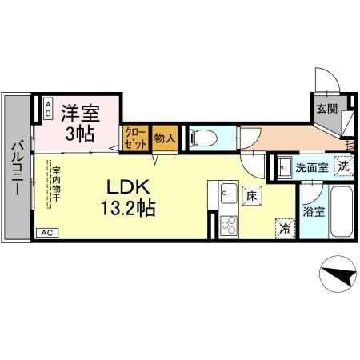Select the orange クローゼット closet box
pyautogui.click(x=134, y=139)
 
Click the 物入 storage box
pyautogui.click(x=164, y=138)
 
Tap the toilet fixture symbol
pyautogui.click(x=202, y=138)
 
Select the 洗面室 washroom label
pyautogui.click(x=310, y=169)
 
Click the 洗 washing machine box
pyautogui.click(x=342, y=167)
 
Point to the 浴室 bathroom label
pyautogui.click(x=314, y=212)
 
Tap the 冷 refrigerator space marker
pyautogui.click(x=284, y=227)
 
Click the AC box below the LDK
pyautogui.click(x=48, y=233)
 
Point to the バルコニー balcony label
pyautogui.click(x=16, y=167)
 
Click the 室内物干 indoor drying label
pyautogui.click(x=58, y=186)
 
